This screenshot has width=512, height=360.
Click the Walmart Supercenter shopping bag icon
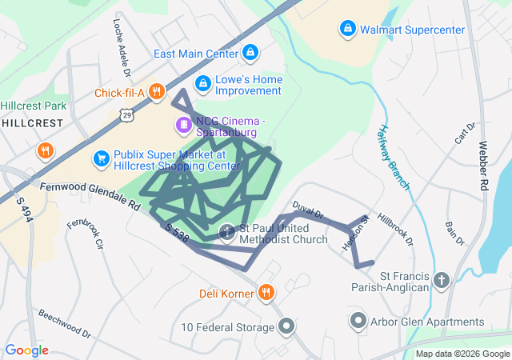pyautogui.click(x=348, y=30)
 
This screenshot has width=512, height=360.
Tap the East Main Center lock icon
pyautogui.click(x=250, y=54)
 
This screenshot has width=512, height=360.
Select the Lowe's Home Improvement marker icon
pyautogui.click(x=203, y=83)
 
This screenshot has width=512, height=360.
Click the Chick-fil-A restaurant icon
pyautogui.click(x=156, y=93)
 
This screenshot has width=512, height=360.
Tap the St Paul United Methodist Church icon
pyautogui.click(x=227, y=232)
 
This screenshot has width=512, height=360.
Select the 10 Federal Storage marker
pyautogui.click(x=286, y=326)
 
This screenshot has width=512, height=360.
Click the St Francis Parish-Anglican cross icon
pyautogui.click(x=442, y=280)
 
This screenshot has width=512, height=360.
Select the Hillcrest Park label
pyautogui.click(x=33, y=106)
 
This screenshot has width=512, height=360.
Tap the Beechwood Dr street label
pyautogui.click(x=66, y=323)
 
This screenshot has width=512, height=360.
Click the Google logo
pyautogui.click(x=26, y=350)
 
